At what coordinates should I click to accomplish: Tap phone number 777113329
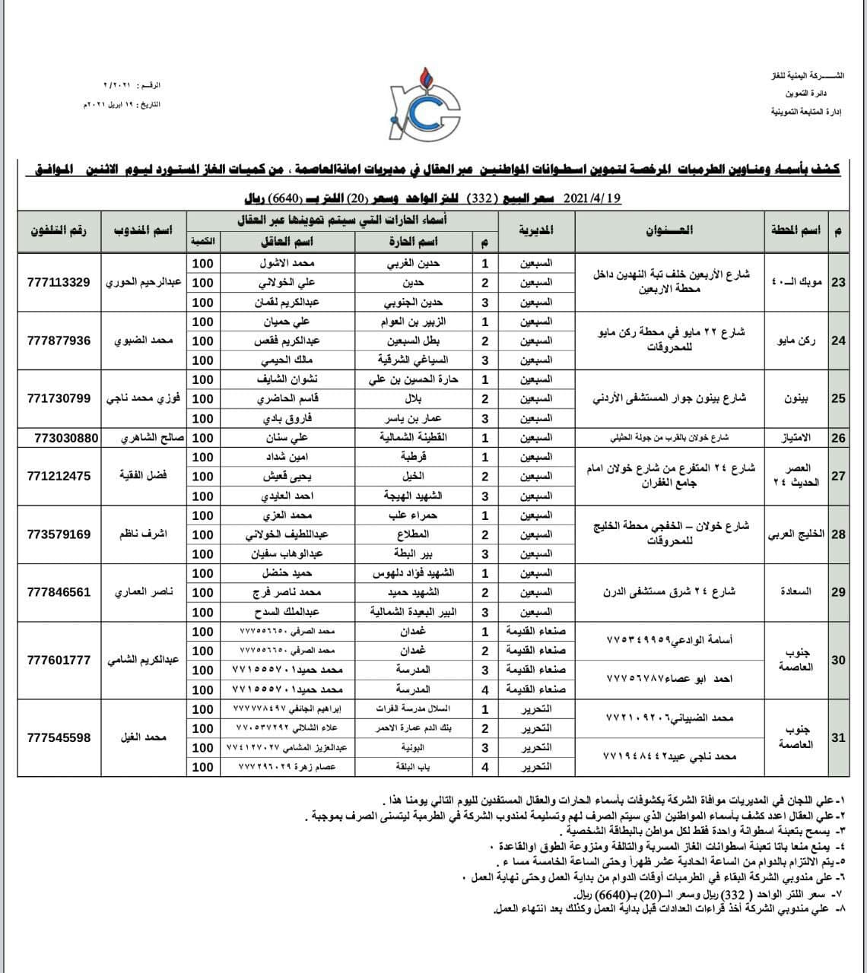point(59,282)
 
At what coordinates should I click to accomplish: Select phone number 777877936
point(59,341)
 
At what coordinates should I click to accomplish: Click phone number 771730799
point(59,398)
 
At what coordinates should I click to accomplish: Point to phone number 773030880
point(67,438)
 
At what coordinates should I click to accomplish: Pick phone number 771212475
point(59,476)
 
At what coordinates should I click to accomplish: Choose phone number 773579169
point(59,534)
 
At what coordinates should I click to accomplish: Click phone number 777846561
point(59,592)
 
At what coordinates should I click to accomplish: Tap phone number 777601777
point(59,660)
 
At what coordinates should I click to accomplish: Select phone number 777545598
point(59,737)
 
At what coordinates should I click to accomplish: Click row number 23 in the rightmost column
point(838,282)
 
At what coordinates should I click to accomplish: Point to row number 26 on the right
point(838,438)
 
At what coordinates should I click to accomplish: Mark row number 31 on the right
point(838,737)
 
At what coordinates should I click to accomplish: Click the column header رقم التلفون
point(59,230)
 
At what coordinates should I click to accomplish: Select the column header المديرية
point(536,230)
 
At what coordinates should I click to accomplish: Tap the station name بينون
point(796,398)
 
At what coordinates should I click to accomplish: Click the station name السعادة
point(796,592)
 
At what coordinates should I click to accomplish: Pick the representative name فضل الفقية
point(143,476)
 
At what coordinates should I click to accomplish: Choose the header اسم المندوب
point(143,230)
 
